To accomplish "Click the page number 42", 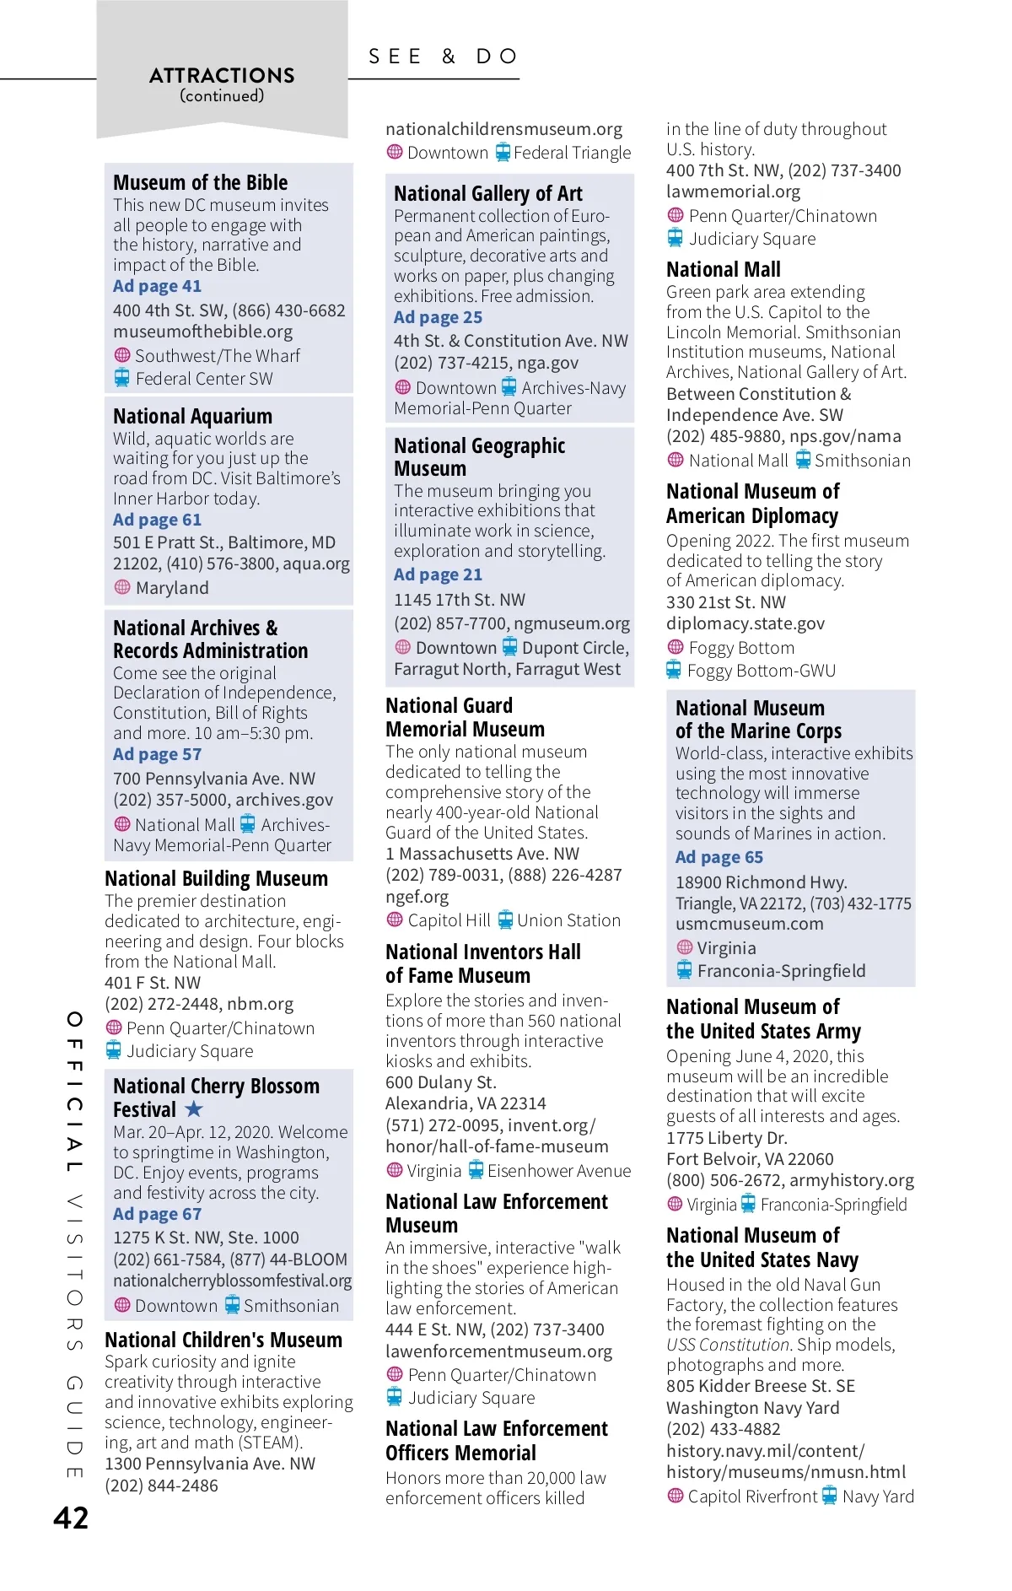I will [71, 1518].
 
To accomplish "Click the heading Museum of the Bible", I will [201, 183].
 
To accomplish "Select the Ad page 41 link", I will [158, 287].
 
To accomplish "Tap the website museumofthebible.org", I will [203, 332].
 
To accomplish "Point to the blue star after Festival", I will [194, 1108].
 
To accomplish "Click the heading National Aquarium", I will [193, 417].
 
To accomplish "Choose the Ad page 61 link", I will [158, 520].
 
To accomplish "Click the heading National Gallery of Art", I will [488, 194].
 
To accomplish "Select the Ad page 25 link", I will [439, 318].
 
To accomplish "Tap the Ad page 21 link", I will [439, 575].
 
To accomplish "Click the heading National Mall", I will [724, 270].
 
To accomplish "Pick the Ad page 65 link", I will [719, 858].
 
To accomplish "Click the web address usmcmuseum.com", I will [750, 924].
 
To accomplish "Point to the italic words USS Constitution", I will [728, 1345].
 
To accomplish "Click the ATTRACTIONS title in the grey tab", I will [222, 76].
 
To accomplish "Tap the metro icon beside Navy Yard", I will [830, 1496].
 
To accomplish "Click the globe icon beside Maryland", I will [122, 587].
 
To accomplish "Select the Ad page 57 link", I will [158, 755].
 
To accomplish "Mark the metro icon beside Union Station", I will [505, 920].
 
